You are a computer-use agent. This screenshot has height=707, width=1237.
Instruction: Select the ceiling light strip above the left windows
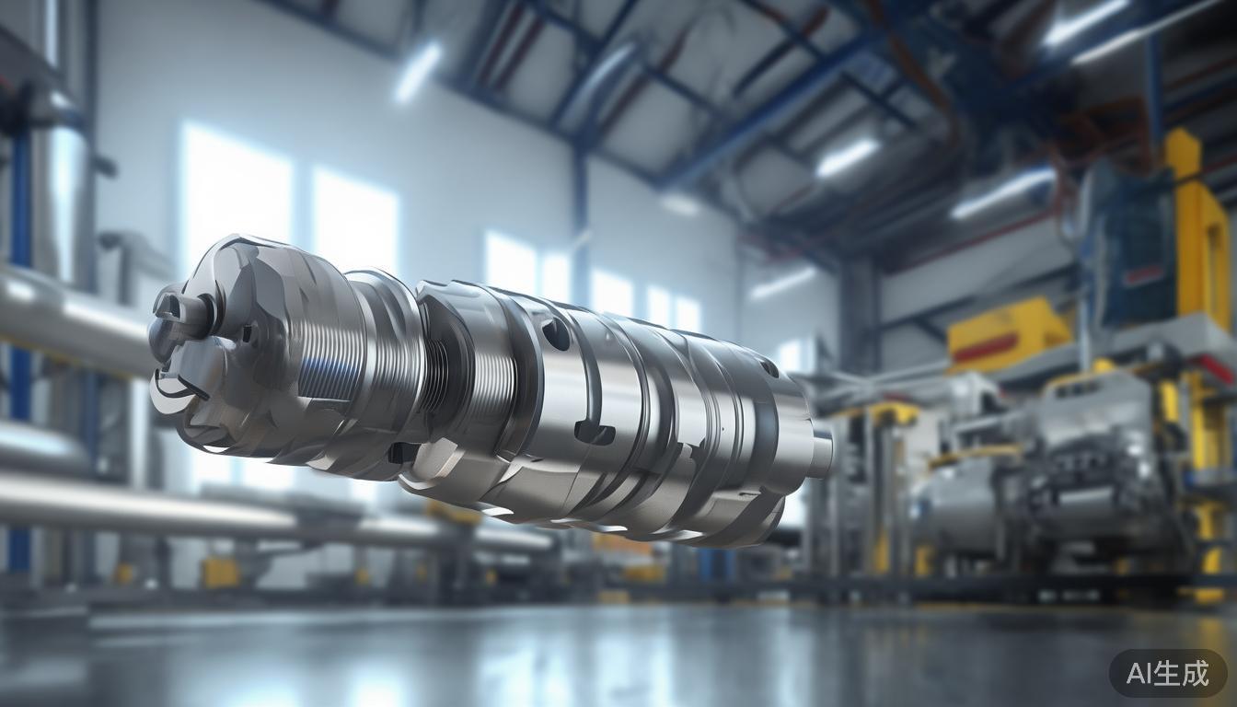(x=419, y=71)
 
